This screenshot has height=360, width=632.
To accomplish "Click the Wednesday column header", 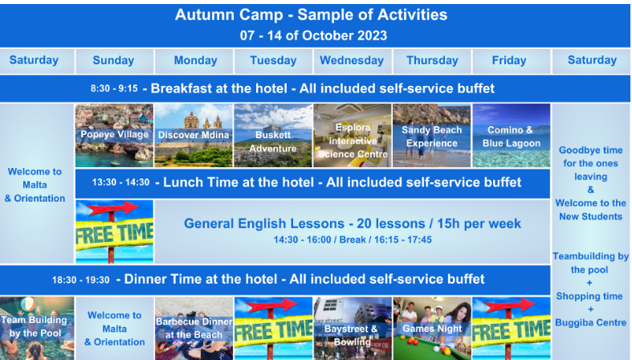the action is click(x=352, y=60).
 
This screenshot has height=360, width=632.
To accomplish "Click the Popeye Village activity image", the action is click(x=115, y=136).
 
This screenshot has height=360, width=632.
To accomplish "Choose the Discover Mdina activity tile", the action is click(x=194, y=136).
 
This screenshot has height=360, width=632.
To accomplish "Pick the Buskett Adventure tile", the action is click(x=273, y=136).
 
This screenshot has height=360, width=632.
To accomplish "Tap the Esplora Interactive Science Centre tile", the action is click(x=353, y=136).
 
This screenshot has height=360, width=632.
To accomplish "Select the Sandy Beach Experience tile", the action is click(x=432, y=136).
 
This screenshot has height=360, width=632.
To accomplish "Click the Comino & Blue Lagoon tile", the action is click(x=512, y=136).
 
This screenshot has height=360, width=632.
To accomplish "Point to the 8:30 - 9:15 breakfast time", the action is click(x=114, y=88).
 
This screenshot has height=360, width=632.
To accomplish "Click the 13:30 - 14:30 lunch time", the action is click(x=121, y=182).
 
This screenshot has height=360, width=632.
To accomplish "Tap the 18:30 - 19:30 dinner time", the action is click(x=80, y=280).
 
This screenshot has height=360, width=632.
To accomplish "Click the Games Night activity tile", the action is click(x=432, y=329).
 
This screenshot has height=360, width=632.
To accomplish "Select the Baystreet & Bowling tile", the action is click(x=353, y=329).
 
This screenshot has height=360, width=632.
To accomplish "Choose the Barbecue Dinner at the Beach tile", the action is click(x=194, y=329).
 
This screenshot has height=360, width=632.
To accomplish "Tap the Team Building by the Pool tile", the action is click(x=37, y=329).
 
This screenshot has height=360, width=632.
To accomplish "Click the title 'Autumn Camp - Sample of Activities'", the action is click(x=311, y=15).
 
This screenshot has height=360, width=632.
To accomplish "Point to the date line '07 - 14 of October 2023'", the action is click(x=313, y=35).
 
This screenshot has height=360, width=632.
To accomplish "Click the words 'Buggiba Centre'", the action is click(x=590, y=322).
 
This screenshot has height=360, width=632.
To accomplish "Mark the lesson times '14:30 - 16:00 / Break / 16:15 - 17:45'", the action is click(x=353, y=239).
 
